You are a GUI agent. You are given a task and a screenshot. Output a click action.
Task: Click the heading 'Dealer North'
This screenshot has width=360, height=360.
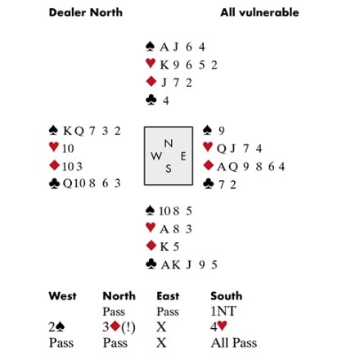point(86,12)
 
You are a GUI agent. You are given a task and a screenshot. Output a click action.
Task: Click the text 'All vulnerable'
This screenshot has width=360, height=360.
point(259,12)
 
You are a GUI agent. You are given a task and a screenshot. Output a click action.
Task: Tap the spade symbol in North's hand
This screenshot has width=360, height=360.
point(151,47)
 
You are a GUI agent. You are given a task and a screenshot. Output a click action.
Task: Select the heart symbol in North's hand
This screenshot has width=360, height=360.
point(151,64)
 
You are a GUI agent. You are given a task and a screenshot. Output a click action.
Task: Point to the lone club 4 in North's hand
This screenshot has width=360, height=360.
point(166,101)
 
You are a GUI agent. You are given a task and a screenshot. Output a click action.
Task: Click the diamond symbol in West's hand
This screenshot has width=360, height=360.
point(54,165)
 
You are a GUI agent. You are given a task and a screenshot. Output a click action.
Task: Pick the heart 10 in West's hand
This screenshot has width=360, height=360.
point(68,148)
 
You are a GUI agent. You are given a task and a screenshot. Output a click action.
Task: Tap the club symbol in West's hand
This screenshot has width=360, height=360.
point(54,183)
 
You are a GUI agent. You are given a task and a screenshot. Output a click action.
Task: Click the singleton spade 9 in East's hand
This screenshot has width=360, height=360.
point(221,131)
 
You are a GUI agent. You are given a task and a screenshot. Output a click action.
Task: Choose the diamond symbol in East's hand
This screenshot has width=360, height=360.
point(209,165)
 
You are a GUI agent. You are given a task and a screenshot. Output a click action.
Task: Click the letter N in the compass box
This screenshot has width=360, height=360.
point(169,143)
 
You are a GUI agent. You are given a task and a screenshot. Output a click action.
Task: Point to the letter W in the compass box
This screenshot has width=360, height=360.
point(156,156)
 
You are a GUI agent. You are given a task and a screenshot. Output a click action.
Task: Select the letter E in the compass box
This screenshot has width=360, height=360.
point(183,156)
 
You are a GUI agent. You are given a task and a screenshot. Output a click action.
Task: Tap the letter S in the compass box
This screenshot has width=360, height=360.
point(169,169)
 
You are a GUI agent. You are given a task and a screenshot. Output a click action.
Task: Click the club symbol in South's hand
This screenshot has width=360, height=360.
point(151,264)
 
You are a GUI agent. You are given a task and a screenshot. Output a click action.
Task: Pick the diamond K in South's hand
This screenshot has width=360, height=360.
point(164,246)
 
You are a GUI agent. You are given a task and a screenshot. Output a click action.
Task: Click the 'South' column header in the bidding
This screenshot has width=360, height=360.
point(227,296)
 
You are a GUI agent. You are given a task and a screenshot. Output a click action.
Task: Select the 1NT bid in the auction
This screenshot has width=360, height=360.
point(223,311)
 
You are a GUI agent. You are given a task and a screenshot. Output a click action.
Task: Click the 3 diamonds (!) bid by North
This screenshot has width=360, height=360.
point(119,326)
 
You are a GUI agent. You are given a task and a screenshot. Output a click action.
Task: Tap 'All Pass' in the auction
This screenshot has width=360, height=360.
point(234,343)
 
